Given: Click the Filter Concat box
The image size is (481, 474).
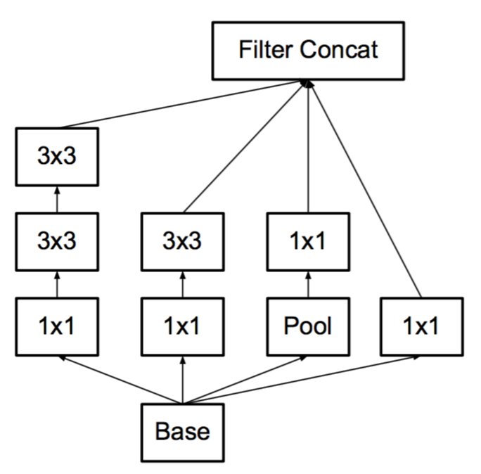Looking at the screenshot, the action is (308, 51).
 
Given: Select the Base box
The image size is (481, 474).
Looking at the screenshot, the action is (183, 433).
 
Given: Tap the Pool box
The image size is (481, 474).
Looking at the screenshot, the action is (308, 326).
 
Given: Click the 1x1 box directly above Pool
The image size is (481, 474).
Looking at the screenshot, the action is (308, 241).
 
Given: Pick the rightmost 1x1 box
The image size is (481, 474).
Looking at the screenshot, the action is (422, 326).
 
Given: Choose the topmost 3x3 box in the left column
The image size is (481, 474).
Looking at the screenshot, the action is (57, 156).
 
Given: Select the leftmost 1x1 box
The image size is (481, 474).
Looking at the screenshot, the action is (57, 326).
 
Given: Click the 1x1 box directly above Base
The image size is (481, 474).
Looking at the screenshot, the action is (183, 326).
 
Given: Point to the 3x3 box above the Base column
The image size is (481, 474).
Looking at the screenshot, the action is (183, 241).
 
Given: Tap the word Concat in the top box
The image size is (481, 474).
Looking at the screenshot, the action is (339, 49).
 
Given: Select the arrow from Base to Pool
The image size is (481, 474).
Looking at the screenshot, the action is (245, 380).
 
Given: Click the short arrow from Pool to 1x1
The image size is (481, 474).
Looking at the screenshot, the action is (308, 284).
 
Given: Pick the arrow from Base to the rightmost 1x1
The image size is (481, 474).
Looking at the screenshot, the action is (302, 380).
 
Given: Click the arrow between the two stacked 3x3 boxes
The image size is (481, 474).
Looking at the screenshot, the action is (57, 199).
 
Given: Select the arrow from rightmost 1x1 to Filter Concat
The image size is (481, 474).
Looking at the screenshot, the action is (365, 189).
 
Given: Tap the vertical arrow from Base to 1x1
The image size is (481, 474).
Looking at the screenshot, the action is (183, 380).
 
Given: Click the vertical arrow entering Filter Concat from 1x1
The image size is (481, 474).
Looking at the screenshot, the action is (308, 146).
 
